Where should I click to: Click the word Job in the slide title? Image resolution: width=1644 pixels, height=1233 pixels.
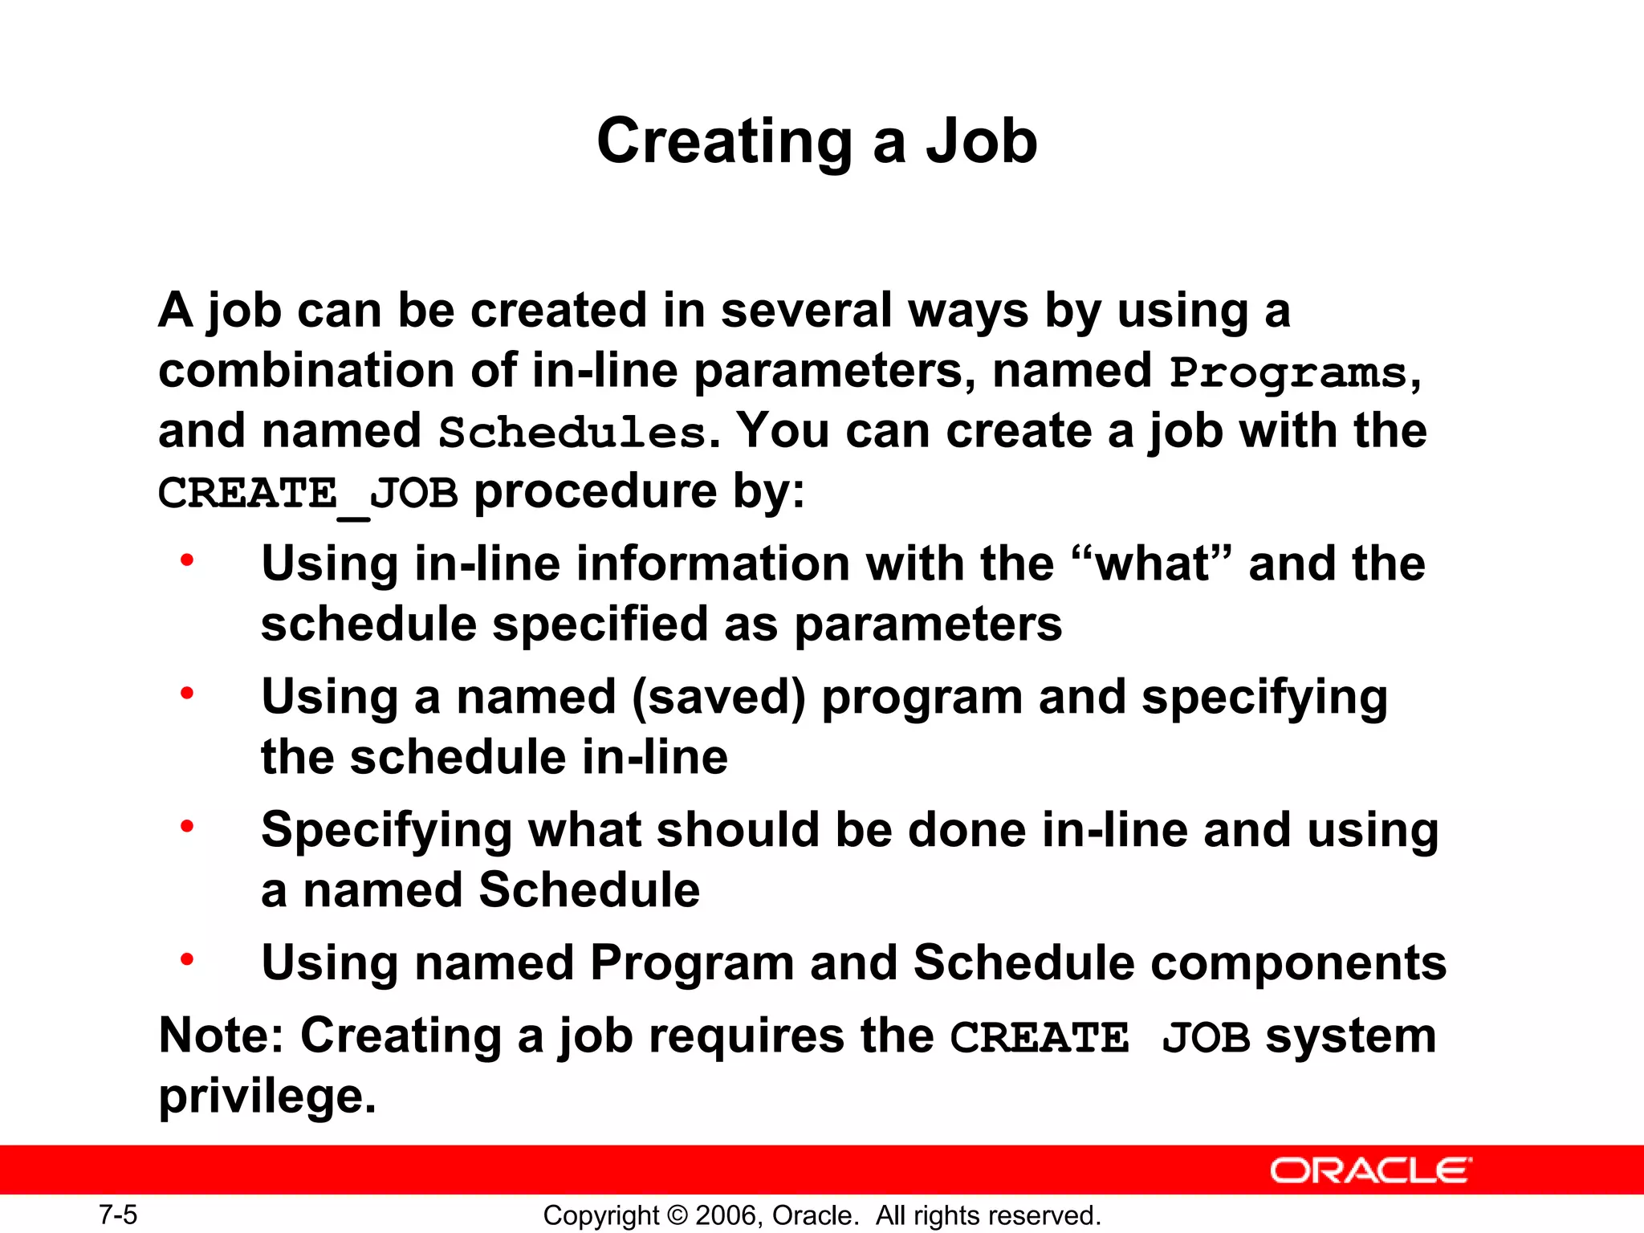tap(981, 141)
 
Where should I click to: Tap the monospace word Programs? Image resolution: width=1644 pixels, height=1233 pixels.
tap(1288, 372)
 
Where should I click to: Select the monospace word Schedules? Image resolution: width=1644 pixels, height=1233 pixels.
tap(572, 433)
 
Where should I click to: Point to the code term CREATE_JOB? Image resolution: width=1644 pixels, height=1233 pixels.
tap(308, 493)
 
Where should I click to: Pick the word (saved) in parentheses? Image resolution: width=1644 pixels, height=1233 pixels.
tap(718, 697)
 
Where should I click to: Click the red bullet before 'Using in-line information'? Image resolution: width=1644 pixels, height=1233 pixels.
tap(187, 560)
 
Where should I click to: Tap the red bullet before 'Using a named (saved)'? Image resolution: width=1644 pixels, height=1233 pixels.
tap(187, 693)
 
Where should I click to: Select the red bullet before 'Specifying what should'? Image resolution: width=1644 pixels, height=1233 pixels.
tap(187, 826)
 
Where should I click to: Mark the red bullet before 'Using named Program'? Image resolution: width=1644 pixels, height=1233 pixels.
tap(187, 958)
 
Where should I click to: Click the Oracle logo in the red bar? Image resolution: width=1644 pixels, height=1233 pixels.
tap(1370, 1170)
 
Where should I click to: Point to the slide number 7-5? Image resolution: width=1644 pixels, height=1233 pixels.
tap(118, 1215)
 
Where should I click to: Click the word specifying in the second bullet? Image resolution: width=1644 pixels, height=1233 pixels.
tap(1264, 697)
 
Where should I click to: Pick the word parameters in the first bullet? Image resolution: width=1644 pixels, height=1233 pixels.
tap(928, 625)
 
